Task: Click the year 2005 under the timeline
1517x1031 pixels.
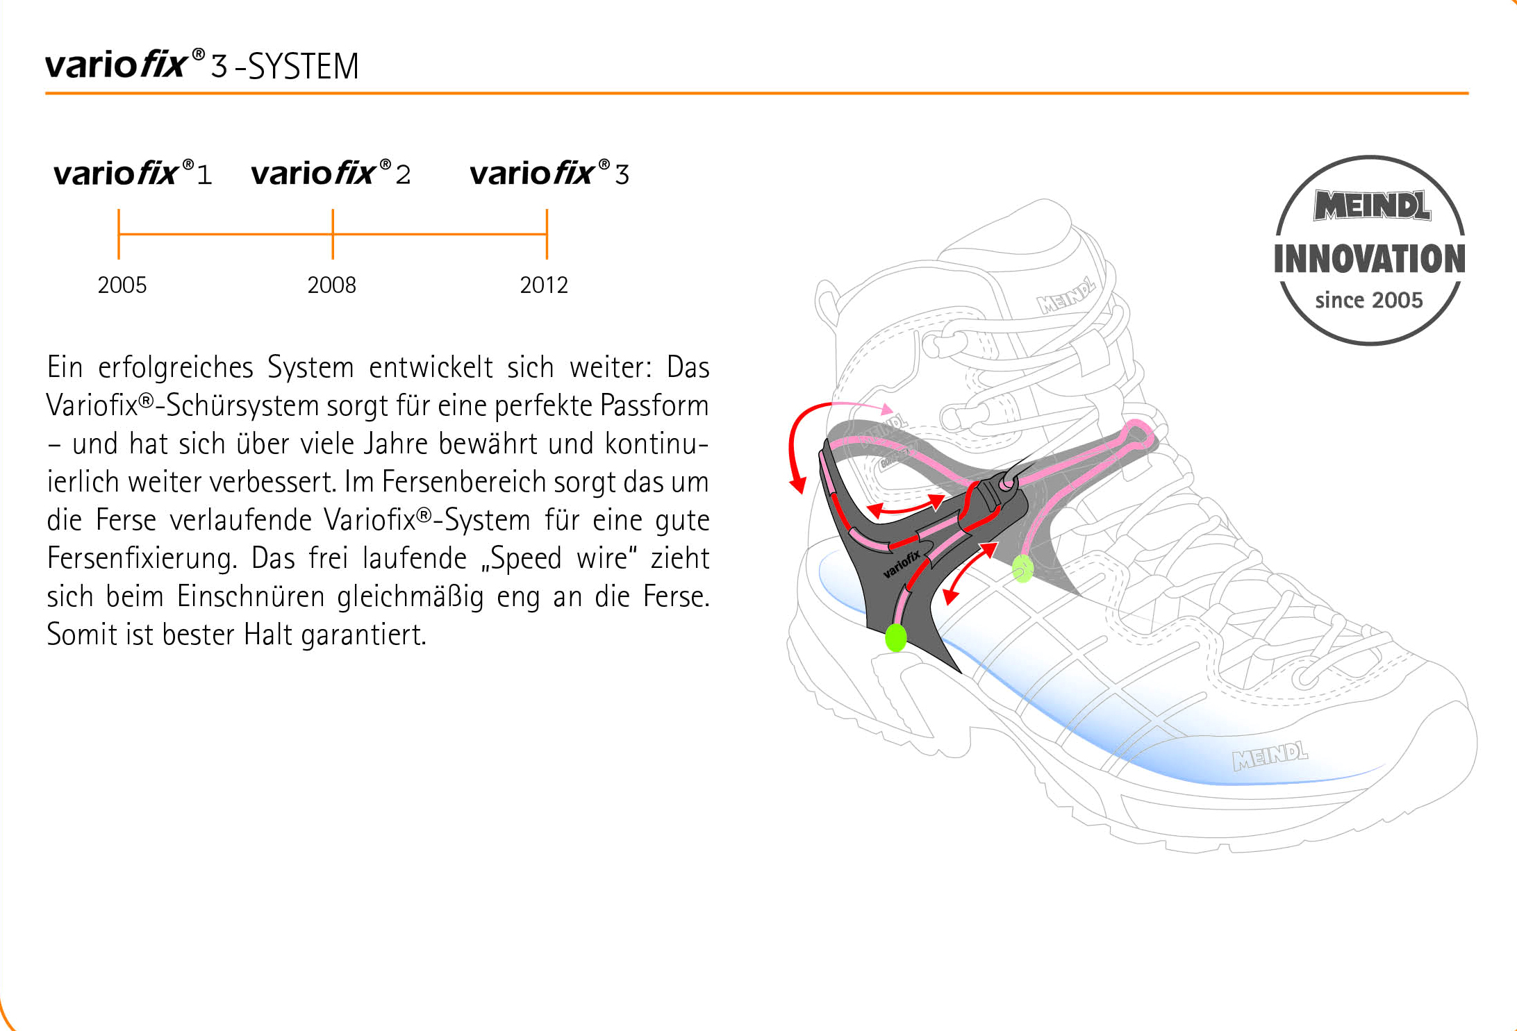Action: (x=122, y=285)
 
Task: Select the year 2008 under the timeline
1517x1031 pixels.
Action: (x=332, y=285)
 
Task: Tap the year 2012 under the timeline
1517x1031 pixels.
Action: (x=544, y=285)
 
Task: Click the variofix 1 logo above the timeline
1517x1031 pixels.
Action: (x=133, y=173)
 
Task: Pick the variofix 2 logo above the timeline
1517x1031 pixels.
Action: (x=331, y=173)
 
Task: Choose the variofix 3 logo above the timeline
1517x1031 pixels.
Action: (x=549, y=173)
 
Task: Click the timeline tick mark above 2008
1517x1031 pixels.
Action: (x=333, y=234)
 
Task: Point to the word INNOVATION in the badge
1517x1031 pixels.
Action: (x=1370, y=259)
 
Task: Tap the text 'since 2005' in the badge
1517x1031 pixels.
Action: (x=1369, y=300)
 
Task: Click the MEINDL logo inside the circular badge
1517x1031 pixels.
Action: (x=1372, y=206)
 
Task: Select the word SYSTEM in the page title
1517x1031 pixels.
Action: (x=304, y=67)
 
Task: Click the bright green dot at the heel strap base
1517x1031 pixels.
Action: (x=896, y=637)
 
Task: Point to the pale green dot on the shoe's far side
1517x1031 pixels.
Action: (x=1022, y=569)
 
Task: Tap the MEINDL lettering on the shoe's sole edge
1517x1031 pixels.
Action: (x=1270, y=756)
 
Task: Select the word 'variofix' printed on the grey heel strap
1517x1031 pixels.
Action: (x=902, y=564)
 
